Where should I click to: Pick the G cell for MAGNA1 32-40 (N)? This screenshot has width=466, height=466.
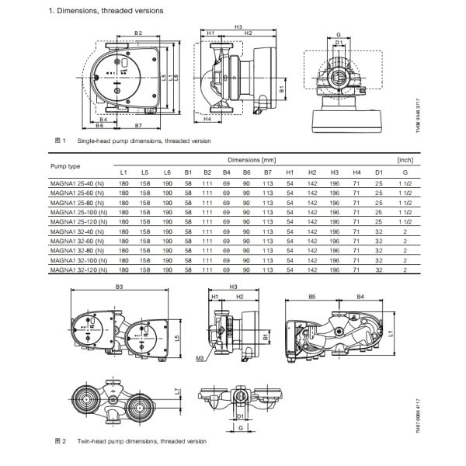pyautogui.click(x=405, y=231)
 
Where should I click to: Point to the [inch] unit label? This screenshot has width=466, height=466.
pyautogui.click(x=404, y=159)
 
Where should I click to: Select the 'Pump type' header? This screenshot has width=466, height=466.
pyautogui.click(x=65, y=165)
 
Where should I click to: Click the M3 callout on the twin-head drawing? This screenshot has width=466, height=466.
pyautogui.click(x=201, y=359)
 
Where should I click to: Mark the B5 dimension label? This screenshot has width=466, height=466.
pyautogui.click(x=311, y=297)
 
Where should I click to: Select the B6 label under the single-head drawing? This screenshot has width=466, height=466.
pyautogui.click(x=100, y=124)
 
